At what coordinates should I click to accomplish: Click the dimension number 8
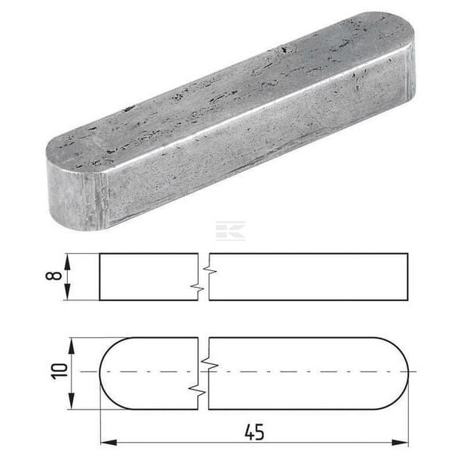[54, 276]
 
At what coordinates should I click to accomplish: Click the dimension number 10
[59, 371]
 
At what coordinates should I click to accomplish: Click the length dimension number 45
[255, 432]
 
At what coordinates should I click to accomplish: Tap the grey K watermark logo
[231, 230]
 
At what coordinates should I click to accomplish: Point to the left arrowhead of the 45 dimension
[109, 442]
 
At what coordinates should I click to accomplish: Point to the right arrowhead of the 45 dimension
[400, 442]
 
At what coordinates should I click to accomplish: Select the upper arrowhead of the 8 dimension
[68, 262]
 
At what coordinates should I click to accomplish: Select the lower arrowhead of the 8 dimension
[68, 292]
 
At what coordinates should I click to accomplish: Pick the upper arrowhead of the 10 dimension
[72, 346]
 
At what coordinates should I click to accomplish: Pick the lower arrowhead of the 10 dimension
[72, 400]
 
